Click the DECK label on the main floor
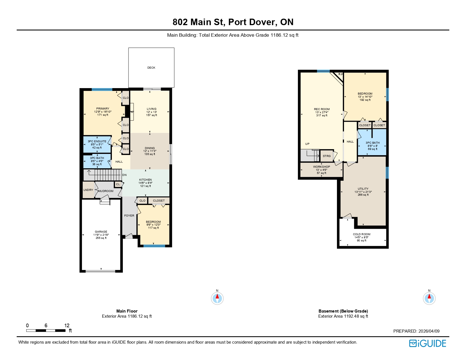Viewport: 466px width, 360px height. click(151, 68)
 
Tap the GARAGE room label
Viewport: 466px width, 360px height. click(101, 232)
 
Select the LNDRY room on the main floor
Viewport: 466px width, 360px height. click(88, 190)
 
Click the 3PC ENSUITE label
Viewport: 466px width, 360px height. click(97, 141)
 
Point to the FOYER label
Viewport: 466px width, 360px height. click(129, 216)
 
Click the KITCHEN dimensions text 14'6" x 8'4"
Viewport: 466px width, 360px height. click(145, 183)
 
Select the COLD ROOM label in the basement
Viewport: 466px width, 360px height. click(362, 234)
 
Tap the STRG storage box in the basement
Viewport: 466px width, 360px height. click(326, 156)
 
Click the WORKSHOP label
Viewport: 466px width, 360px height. click(321, 167)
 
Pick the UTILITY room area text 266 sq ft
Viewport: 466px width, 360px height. click(363, 195)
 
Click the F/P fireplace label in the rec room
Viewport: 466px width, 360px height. click(341, 75)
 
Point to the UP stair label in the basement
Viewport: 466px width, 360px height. click(307, 144)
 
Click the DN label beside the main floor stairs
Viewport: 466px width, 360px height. click(124, 175)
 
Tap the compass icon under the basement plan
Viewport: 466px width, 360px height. click(429, 298)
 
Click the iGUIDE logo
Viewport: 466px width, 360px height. click(428, 343)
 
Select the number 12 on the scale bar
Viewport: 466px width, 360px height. click(67, 326)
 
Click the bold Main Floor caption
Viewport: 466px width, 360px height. click(127, 311)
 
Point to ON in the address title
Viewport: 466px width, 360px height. click(287, 22)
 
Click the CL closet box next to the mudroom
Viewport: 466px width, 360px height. click(118, 184)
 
